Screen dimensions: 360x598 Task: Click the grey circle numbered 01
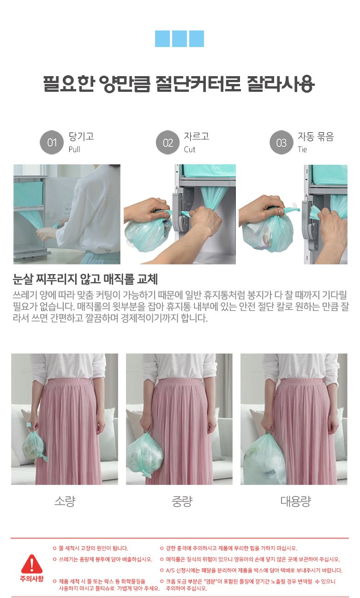pyautogui.click(x=52, y=142)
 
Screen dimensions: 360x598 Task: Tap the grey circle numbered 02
pyautogui.click(x=168, y=142)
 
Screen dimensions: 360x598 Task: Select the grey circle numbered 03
pyautogui.click(x=281, y=142)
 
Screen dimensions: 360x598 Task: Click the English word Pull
pyautogui.click(x=74, y=149)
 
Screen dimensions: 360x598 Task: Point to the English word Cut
pyautogui.click(x=189, y=149)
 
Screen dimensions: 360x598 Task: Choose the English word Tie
pyautogui.click(x=302, y=149)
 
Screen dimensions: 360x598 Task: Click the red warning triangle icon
pyautogui.click(x=32, y=563)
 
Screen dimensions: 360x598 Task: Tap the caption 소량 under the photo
pyautogui.click(x=65, y=501)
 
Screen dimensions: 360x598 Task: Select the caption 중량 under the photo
pyautogui.click(x=182, y=501)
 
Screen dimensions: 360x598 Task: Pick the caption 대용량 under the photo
pyautogui.click(x=296, y=501)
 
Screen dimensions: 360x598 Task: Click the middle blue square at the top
pyautogui.click(x=179, y=39)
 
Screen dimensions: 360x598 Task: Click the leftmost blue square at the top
pyautogui.click(x=162, y=39)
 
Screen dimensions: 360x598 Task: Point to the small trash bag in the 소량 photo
pyautogui.click(x=34, y=444)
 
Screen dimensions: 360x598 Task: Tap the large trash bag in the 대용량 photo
pyautogui.click(x=264, y=459)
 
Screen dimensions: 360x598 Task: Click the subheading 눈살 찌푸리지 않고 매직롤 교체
pyautogui.click(x=85, y=279)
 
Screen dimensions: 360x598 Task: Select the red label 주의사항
pyautogui.click(x=31, y=579)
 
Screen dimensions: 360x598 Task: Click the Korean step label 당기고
pyautogui.click(x=81, y=137)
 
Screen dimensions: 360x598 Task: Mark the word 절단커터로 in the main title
pyautogui.click(x=198, y=84)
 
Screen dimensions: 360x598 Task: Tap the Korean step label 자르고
pyautogui.click(x=196, y=137)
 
